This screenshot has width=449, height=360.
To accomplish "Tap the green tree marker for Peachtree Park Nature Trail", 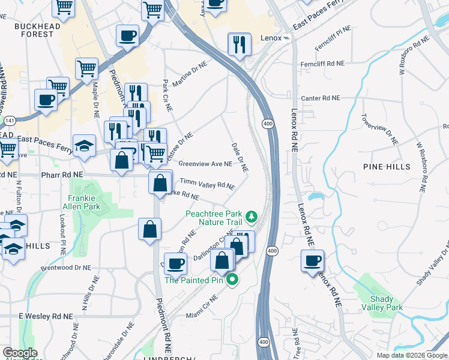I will [x=253, y=216].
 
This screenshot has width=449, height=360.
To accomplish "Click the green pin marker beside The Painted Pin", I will [x=231, y=280].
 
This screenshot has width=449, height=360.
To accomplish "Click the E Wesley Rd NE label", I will [x=45, y=316].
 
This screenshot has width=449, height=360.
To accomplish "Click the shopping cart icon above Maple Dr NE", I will [x=87, y=68].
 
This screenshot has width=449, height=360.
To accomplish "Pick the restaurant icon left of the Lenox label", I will [x=239, y=44].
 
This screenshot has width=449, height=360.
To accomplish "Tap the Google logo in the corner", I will [x=20, y=353].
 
